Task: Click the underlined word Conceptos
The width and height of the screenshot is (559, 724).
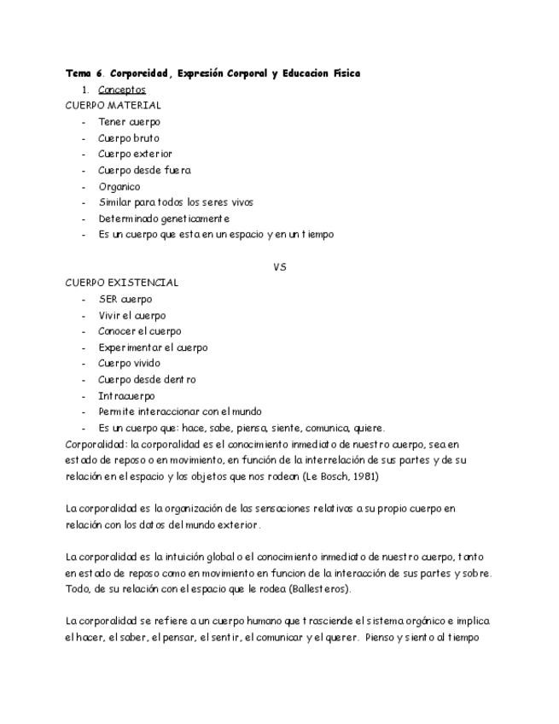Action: [121, 90]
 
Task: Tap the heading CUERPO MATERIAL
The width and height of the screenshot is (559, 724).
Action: [113, 105]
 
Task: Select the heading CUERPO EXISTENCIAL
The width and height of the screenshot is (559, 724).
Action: [122, 283]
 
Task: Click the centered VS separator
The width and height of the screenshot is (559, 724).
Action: [279, 266]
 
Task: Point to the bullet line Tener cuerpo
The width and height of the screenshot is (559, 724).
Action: [129, 121]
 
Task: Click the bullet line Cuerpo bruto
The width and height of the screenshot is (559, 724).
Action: [128, 137]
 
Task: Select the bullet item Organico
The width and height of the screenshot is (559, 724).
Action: [119, 186]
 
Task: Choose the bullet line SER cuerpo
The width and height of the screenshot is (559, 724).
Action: [125, 299]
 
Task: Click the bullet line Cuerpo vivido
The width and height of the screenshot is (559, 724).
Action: [129, 363]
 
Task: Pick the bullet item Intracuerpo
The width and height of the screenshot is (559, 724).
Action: [126, 395]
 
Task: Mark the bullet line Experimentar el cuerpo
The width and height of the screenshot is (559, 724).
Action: [153, 347]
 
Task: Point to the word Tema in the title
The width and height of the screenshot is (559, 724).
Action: [79, 73]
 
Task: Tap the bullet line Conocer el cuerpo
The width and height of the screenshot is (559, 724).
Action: [140, 331]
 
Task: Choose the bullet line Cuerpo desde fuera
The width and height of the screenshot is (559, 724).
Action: [144, 170]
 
